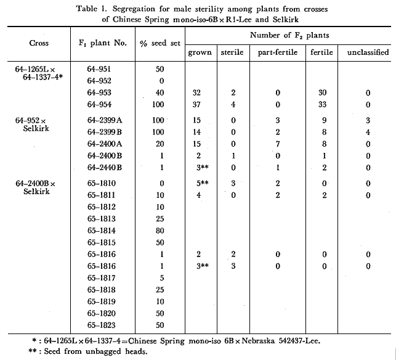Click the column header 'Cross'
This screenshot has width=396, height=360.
(39, 43)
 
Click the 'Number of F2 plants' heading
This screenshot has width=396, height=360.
(289, 35)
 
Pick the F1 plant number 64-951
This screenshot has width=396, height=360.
(101, 69)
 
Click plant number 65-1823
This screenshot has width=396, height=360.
(102, 324)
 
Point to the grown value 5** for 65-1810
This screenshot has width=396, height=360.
(197, 183)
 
